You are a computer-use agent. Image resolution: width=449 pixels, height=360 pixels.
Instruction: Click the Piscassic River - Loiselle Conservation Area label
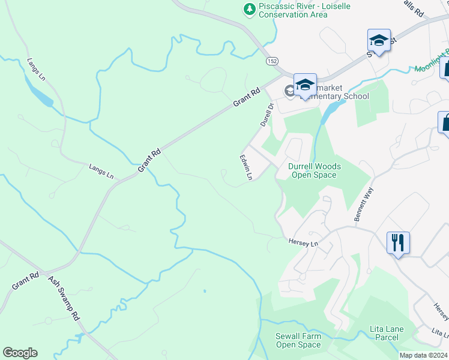[x=304, y=10]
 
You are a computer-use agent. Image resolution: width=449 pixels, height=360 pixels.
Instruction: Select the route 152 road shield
[x=272, y=61]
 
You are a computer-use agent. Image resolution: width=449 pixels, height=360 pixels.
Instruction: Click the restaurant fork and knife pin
[x=398, y=243]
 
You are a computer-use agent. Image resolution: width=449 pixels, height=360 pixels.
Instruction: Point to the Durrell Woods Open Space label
[x=314, y=170]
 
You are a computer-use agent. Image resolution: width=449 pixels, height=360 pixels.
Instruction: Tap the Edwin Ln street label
[x=246, y=167]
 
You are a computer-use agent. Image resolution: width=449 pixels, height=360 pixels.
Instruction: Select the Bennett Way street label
[x=364, y=205]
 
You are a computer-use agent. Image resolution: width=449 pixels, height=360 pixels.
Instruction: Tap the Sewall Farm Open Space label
[x=298, y=340]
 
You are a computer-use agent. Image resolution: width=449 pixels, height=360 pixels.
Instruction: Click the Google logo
[x=20, y=353]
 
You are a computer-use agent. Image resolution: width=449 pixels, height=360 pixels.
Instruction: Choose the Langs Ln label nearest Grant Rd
[x=101, y=170]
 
